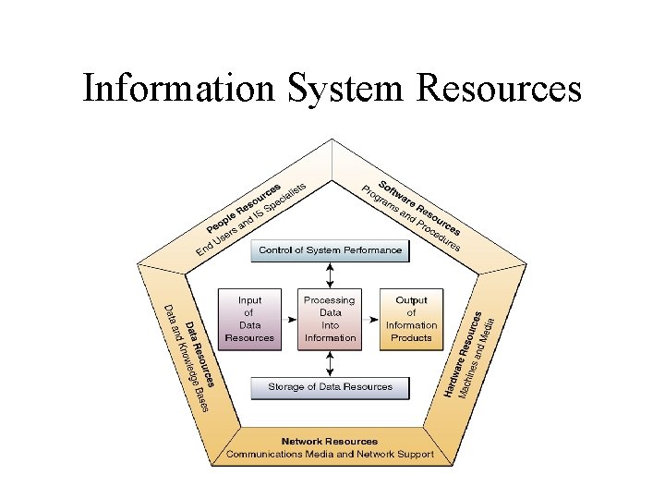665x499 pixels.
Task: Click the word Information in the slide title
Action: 177,89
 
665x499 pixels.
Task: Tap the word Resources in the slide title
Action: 500,89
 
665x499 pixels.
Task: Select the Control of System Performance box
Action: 330,249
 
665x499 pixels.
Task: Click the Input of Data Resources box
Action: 249,319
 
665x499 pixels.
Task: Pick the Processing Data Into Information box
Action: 330,319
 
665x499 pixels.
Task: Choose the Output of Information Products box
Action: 411,319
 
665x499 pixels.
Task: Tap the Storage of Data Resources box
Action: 330,387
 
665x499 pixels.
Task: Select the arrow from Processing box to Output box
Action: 370,319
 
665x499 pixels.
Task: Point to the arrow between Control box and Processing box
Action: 330,274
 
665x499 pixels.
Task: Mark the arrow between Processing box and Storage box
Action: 330,361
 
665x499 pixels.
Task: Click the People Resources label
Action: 242,205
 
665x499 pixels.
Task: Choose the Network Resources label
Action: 330,442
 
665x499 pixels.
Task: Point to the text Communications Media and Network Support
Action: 330,455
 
